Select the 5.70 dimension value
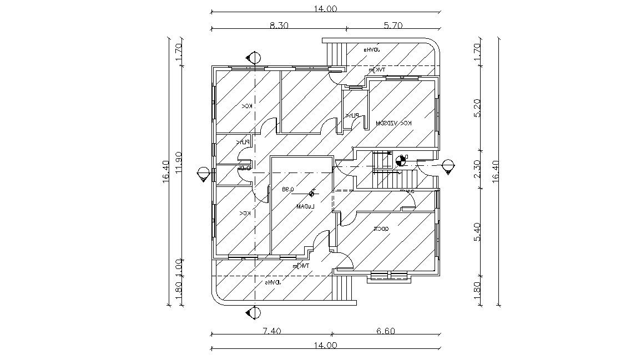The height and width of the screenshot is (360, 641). pos(393,25)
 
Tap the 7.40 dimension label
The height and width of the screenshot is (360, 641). pos(271,331)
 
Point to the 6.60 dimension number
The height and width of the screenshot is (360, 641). pos(385,331)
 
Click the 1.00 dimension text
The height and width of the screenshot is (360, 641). pos(179,266)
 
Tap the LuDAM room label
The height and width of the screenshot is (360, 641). pos(305,206)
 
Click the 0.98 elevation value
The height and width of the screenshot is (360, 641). pos(287,189)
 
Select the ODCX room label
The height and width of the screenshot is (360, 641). pos(381,229)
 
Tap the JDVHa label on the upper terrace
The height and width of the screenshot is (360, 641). pos(371,50)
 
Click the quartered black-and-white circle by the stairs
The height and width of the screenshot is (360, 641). pos(400,161)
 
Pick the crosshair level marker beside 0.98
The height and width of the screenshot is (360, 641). pos(312,192)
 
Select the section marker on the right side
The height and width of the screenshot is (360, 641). pos(448,166)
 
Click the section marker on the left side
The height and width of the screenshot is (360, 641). pos(204,174)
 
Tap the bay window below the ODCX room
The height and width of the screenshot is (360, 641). pos(390,276)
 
